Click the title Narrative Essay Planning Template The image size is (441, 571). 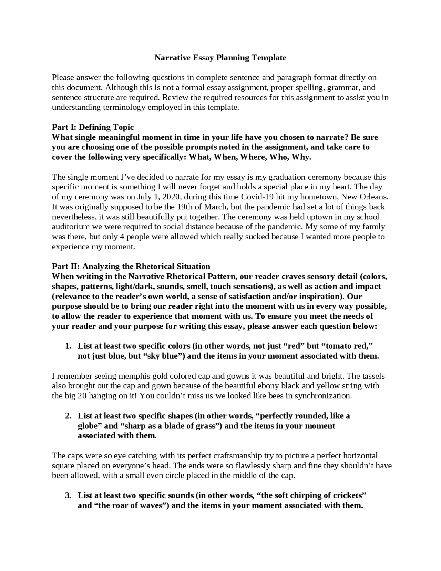220,58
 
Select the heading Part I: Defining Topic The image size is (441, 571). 93,127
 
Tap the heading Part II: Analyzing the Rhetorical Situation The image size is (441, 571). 131,266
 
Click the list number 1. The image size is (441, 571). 68,346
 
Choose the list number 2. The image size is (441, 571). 68,416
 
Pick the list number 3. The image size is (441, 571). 68,495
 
